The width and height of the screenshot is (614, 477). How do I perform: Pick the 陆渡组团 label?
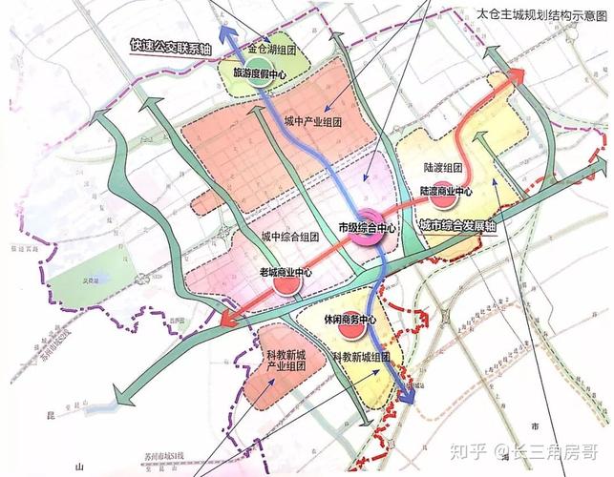click(x=442, y=167)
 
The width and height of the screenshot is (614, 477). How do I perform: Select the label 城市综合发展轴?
click(x=461, y=226)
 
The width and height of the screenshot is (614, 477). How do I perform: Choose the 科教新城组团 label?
click(x=363, y=355)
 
